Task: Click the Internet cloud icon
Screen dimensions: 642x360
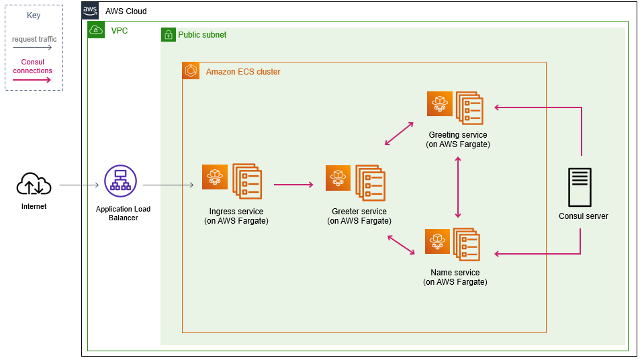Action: pos(34,183)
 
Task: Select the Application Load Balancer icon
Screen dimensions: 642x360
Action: pos(120,181)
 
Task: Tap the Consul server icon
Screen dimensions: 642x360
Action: pos(580,187)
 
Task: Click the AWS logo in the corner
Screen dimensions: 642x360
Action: pos(90,10)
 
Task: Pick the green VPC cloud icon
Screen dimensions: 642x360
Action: pos(96,30)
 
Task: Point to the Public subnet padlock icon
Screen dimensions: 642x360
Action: pos(168,35)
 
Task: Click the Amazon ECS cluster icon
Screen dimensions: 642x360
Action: pos(191,71)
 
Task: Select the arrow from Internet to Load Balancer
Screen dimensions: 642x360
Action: pos(79,185)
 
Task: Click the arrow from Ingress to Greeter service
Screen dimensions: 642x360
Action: pos(293,185)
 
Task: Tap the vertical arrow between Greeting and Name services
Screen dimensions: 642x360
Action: pos(458,187)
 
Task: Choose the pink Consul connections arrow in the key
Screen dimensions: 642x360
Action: pos(32,80)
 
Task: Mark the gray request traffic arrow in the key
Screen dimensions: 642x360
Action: pos(32,48)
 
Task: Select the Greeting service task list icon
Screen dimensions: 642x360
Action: pos(469,108)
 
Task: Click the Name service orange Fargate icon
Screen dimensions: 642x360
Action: pos(438,241)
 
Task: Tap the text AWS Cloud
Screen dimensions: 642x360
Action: pos(126,11)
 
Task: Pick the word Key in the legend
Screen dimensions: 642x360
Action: pos(34,15)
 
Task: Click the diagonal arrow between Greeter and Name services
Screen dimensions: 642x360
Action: pos(402,244)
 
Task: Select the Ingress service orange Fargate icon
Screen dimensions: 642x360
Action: pos(215,177)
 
